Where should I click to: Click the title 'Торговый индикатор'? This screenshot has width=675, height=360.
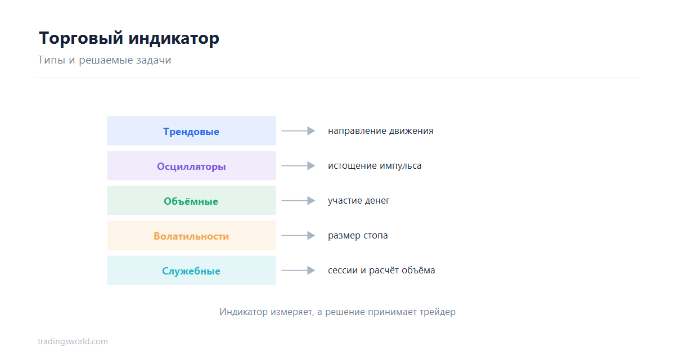pos(129,39)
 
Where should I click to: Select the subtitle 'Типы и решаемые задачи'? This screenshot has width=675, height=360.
pos(104,60)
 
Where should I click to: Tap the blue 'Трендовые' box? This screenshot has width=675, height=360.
pos(191,130)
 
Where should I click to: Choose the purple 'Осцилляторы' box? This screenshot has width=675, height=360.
pos(191,166)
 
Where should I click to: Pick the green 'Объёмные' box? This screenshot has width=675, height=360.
pos(191,201)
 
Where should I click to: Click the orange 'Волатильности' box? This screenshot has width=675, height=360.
pos(191,235)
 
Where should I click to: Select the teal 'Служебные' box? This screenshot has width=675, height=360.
pos(191,270)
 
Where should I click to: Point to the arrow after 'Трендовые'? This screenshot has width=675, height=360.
pos(298,130)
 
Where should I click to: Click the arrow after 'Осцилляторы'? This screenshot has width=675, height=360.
pos(298,166)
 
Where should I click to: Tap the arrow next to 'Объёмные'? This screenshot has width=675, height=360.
pos(298,201)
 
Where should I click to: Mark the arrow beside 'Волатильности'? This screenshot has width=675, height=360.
pos(298,235)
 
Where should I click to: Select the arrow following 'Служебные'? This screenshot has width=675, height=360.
pos(298,270)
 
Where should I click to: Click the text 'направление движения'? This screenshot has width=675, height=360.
pos(380,131)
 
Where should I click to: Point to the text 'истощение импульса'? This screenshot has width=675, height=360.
pos(375,166)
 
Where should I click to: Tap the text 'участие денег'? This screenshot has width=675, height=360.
pos(359,201)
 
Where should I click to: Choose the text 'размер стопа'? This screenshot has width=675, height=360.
pos(358,236)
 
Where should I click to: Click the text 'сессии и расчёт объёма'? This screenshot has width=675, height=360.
pos(381,270)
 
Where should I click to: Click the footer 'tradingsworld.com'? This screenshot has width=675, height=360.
pos(73,341)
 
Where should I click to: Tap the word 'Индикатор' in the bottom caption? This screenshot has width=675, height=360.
pos(244,312)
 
